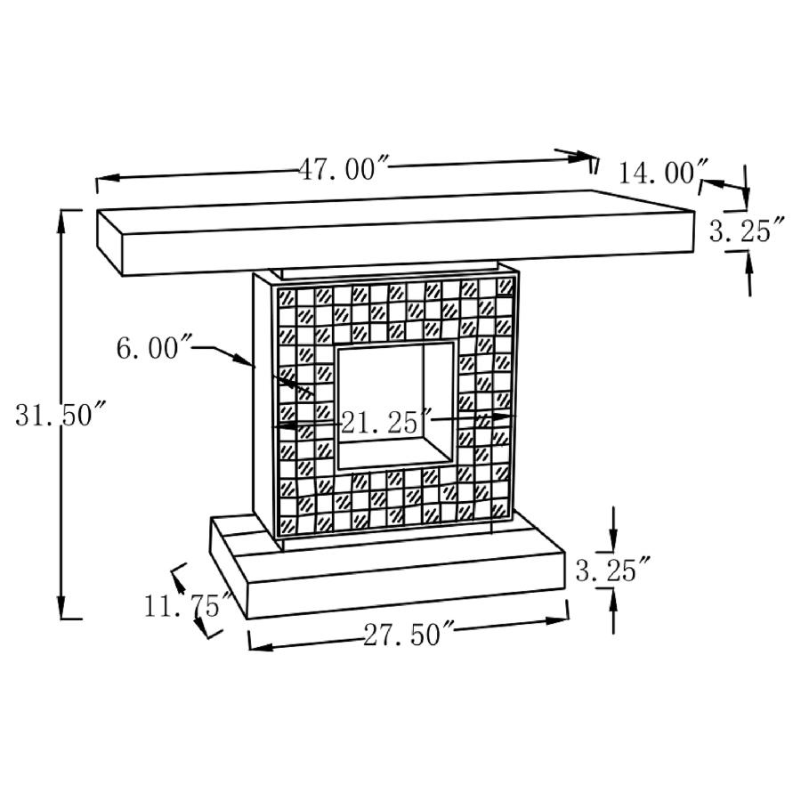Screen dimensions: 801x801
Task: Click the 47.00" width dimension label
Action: click(x=344, y=169)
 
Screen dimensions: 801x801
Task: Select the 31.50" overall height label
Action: click(x=61, y=414)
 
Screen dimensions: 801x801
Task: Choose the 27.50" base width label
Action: click(x=409, y=635)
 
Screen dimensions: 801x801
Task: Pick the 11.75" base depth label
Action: click(x=188, y=606)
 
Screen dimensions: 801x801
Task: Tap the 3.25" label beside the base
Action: click(x=613, y=570)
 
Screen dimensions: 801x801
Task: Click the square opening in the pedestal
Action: click(x=395, y=406)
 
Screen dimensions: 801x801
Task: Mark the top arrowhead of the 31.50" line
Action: click(x=61, y=219)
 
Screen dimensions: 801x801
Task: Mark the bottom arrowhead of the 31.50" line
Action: click(x=61, y=608)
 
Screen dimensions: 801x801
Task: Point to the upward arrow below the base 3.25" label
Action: click(x=613, y=611)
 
